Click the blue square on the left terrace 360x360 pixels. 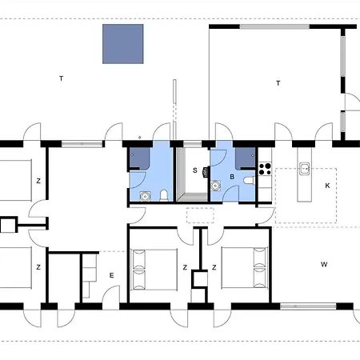coord(123,44)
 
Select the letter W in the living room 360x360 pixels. coord(324,263)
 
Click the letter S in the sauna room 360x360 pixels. coord(194,170)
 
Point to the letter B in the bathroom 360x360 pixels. coord(232,176)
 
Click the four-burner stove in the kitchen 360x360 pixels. coord(265,169)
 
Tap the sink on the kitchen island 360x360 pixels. coord(305,169)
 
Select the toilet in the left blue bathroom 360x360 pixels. coord(163,194)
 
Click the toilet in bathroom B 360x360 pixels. coord(249,182)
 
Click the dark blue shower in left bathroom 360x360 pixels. coord(138,157)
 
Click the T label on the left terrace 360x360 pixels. coord(61,78)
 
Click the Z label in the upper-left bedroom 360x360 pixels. coord(38,181)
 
